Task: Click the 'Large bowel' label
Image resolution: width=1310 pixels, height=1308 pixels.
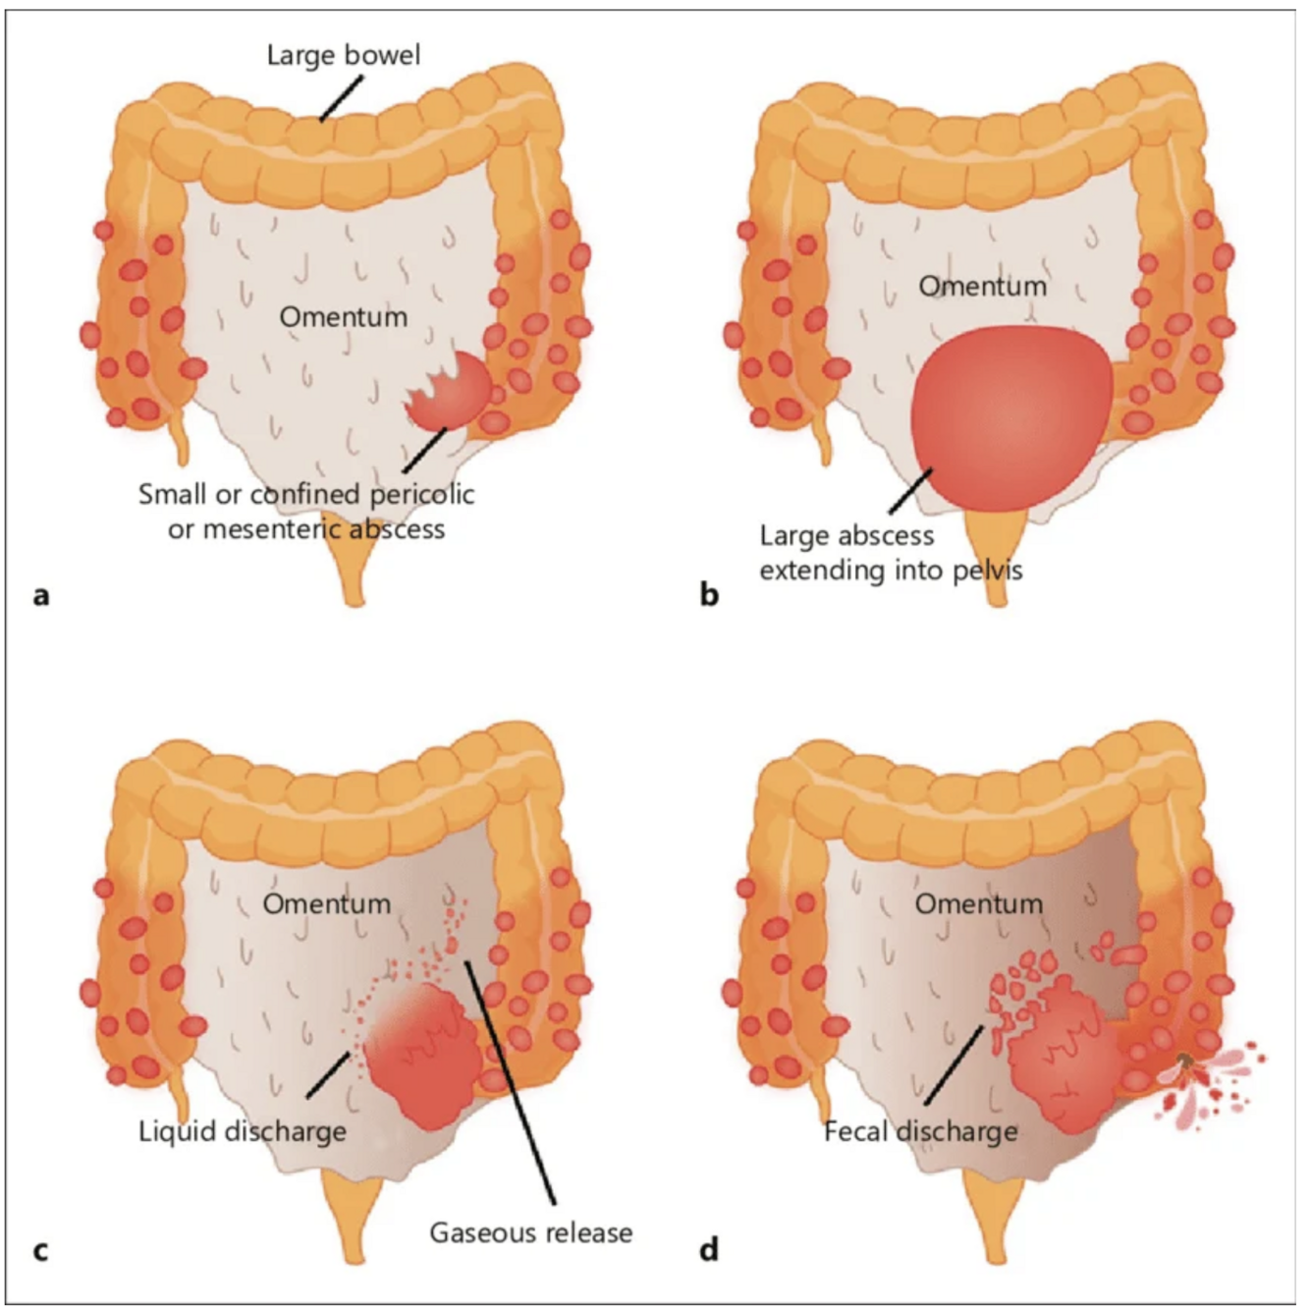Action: [343, 54]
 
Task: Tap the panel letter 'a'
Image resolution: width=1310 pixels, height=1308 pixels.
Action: [40, 594]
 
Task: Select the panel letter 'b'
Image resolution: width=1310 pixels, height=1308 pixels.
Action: [709, 594]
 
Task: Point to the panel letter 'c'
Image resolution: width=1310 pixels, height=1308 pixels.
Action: [40, 1250]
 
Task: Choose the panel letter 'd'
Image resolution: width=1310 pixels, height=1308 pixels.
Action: [709, 1249]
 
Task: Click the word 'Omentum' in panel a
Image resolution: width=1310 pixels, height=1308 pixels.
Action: [343, 316]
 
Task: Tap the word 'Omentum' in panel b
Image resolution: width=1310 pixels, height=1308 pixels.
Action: [982, 286]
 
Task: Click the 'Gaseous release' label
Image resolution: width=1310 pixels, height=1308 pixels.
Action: [530, 1231]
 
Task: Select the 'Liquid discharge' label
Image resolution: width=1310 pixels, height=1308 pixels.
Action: [243, 1130]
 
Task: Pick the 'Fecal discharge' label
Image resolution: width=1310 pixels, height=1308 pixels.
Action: [920, 1130]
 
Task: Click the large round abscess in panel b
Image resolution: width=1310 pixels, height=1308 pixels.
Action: [1011, 417]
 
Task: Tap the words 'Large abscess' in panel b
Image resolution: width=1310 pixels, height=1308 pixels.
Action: [846, 535]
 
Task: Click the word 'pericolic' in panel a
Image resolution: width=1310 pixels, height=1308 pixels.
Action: [421, 493]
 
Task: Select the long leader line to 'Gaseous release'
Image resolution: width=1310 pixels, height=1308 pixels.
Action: [511, 1080]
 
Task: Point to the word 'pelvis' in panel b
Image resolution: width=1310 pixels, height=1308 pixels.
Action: [983, 570]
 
